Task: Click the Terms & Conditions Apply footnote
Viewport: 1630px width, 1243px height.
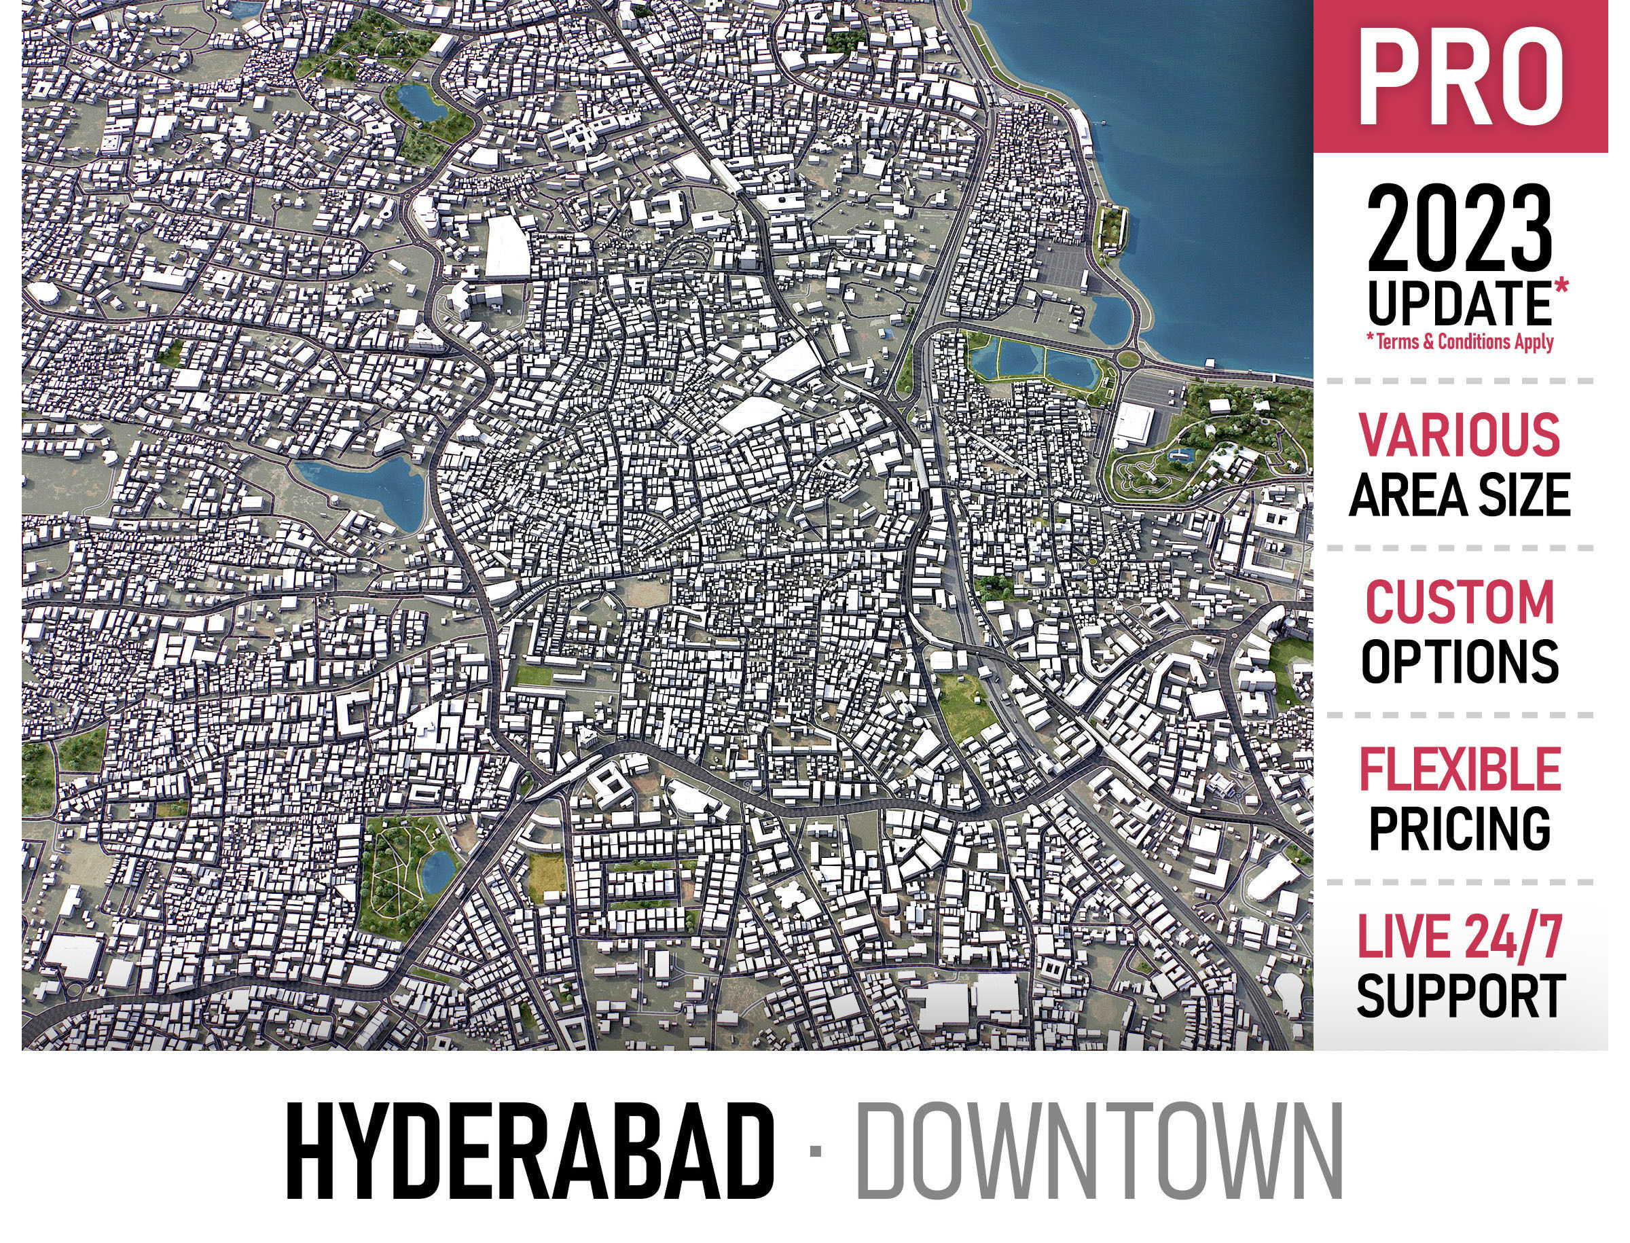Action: coord(1459,342)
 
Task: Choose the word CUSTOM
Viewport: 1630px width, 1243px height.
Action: coord(1459,602)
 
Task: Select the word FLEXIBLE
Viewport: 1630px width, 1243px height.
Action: coord(1459,770)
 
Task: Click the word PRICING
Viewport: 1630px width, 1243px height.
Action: coord(1459,829)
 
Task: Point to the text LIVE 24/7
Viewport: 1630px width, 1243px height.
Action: coord(1459,937)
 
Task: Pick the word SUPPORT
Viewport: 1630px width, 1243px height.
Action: coord(1459,996)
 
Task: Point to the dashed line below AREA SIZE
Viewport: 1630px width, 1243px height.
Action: coord(1459,548)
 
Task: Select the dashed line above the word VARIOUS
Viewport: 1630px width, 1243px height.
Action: coord(1459,381)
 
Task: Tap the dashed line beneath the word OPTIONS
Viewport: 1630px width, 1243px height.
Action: coord(1459,715)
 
